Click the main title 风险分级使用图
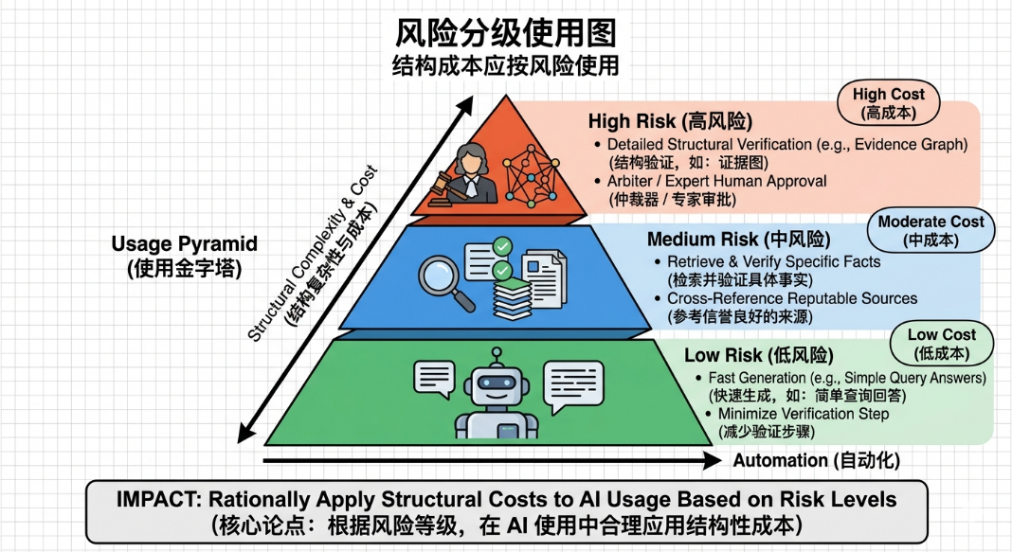(x=505, y=32)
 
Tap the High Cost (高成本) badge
(x=888, y=103)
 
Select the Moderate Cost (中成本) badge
(x=931, y=230)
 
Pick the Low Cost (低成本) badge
(x=942, y=344)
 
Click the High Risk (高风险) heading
(x=670, y=120)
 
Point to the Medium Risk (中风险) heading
(x=738, y=240)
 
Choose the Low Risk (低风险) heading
(x=758, y=355)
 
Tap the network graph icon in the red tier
(x=532, y=174)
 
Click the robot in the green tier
(x=497, y=395)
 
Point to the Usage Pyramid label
(x=184, y=256)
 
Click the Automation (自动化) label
(x=816, y=460)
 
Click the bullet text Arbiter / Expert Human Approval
(x=716, y=181)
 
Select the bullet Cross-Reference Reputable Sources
(x=792, y=298)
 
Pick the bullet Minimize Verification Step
(x=803, y=414)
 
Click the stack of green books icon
(x=513, y=298)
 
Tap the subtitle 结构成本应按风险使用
(x=505, y=65)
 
